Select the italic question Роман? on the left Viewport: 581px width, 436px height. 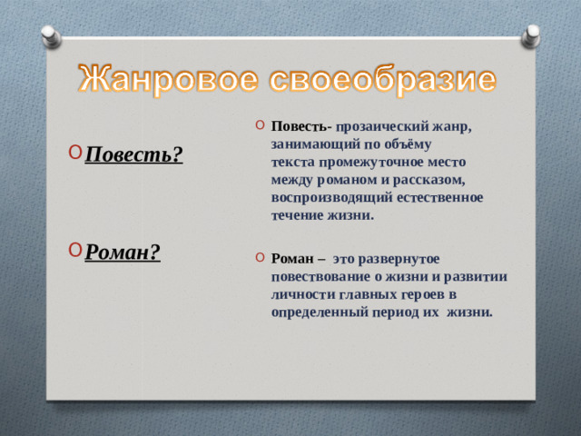(123, 253)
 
